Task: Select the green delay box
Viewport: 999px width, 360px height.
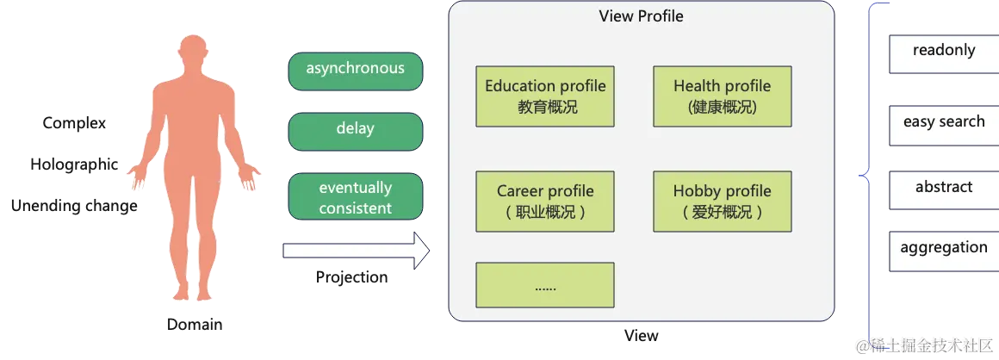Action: click(355, 130)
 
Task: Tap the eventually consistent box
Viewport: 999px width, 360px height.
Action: click(355, 197)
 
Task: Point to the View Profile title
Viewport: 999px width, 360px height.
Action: click(641, 16)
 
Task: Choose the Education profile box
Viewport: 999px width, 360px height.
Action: click(545, 96)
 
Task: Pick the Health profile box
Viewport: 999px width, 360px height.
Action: click(722, 96)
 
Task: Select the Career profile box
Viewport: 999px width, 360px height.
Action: click(545, 202)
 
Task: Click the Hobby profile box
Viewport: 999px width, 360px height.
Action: click(722, 202)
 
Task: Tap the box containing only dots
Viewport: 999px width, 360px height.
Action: click(545, 285)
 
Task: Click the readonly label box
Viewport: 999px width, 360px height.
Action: click(943, 53)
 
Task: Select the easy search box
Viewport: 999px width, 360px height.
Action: click(943, 124)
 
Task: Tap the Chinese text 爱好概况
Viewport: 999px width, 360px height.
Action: click(722, 213)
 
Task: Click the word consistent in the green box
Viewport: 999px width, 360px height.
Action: click(355, 208)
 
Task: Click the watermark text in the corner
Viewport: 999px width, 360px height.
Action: click(925, 345)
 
